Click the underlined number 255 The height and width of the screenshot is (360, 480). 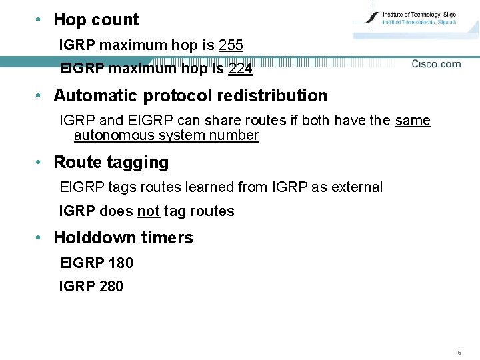[231, 45]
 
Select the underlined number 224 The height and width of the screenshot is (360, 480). [240, 68]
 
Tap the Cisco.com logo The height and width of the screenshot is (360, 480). [436, 64]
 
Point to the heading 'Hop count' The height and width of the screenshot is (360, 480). [96, 20]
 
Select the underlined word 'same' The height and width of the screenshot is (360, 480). [413, 121]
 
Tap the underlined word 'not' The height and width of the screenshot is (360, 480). [148, 211]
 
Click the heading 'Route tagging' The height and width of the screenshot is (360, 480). [111, 163]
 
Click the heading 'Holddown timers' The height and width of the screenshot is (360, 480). [123, 238]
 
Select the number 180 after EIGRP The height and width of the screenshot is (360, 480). [120, 263]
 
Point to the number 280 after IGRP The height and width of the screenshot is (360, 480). [111, 287]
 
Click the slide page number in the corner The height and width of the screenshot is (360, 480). [459, 352]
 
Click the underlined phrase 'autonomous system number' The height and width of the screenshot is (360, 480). [166, 135]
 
